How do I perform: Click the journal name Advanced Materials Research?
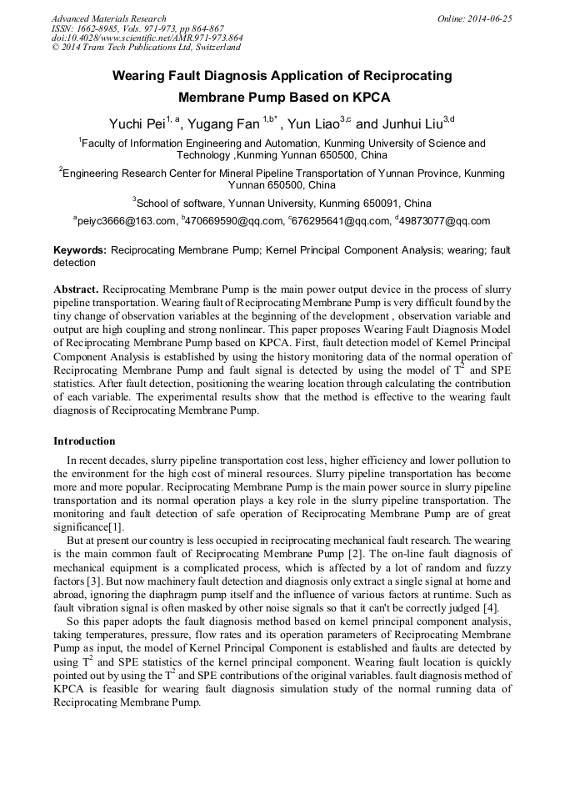(x=109, y=18)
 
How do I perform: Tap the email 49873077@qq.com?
(x=445, y=221)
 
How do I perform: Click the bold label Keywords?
(x=80, y=249)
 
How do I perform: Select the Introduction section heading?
(x=84, y=441)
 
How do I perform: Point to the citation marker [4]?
(x=491, y=607)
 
